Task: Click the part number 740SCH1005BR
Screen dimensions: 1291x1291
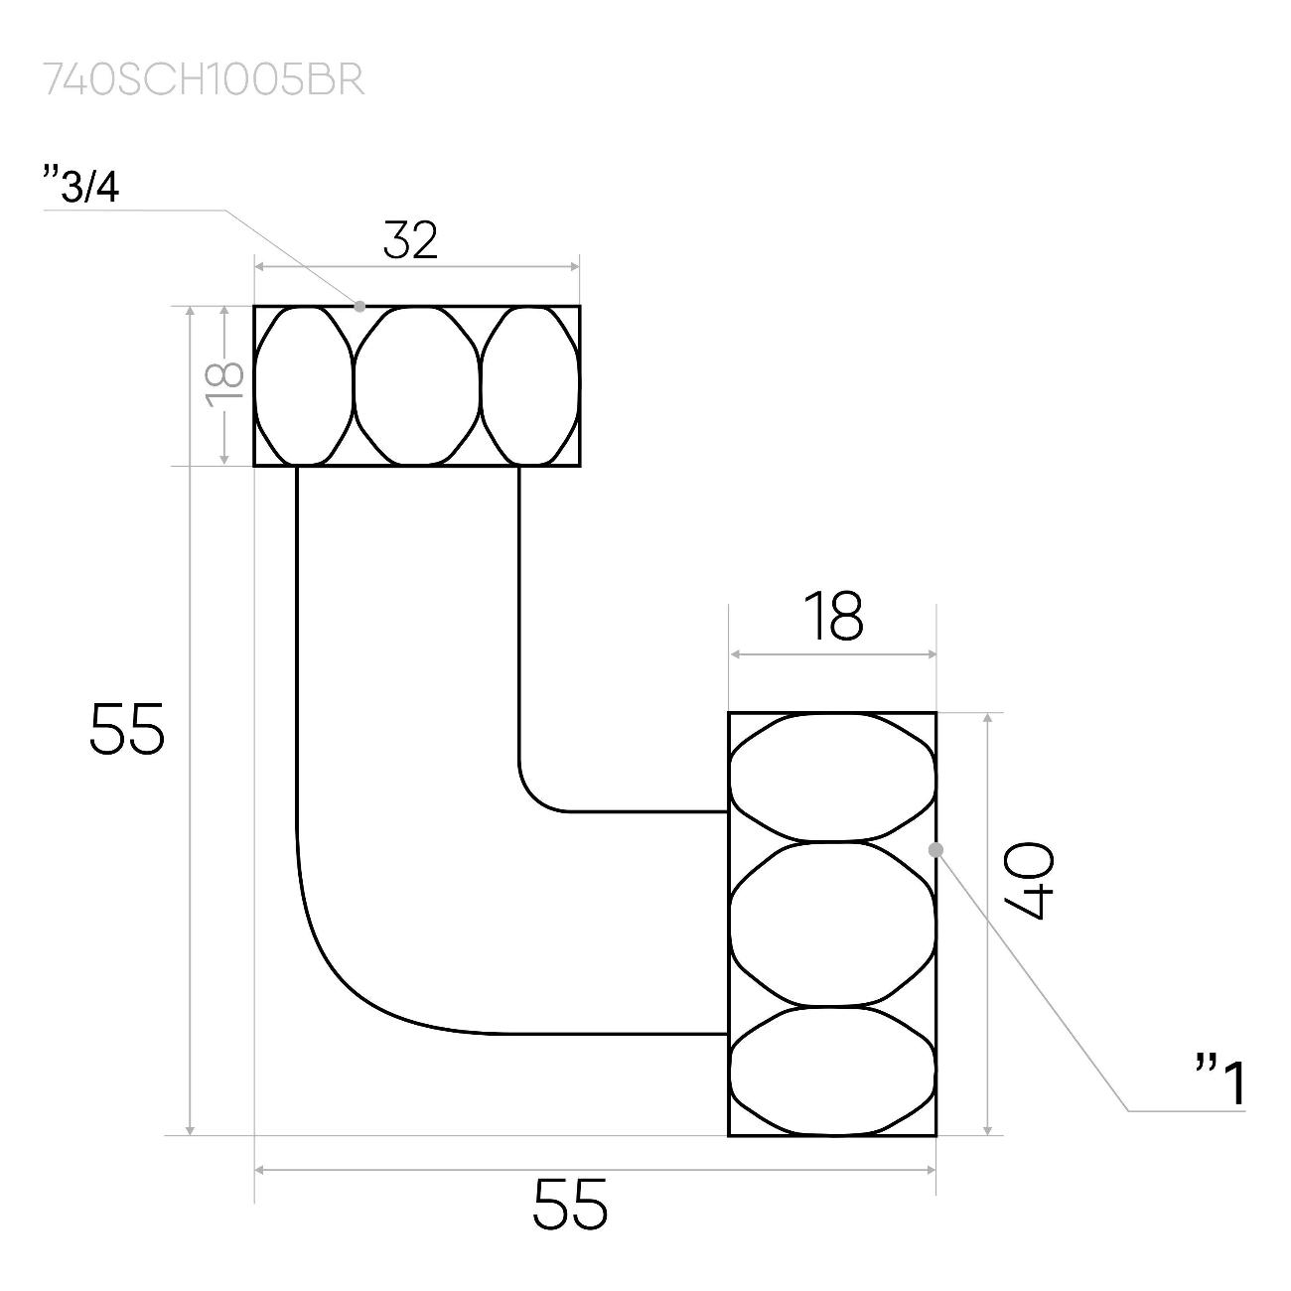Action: click(x=204, y=80)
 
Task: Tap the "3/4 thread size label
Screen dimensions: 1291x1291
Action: click(x=81, y=185)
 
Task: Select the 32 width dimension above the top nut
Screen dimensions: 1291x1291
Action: click(x=411, y=240)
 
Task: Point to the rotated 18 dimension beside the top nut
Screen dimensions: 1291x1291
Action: click(x=225, y=385)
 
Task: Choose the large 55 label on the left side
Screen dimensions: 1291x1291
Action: click(x=127, y=728)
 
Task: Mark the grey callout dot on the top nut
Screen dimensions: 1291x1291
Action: click(x=359, y=306)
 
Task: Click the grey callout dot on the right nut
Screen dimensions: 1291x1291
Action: click(x=935, y=850)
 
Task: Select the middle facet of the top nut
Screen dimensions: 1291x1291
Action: click(x=417, y=385)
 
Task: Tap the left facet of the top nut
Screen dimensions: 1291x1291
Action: click(x=304, y=385)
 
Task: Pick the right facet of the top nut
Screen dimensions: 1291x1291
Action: click(x=530, y=385)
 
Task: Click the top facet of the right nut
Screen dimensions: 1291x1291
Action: click(x=832, y=777)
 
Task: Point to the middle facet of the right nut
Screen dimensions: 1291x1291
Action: click(x=832, y=924)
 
